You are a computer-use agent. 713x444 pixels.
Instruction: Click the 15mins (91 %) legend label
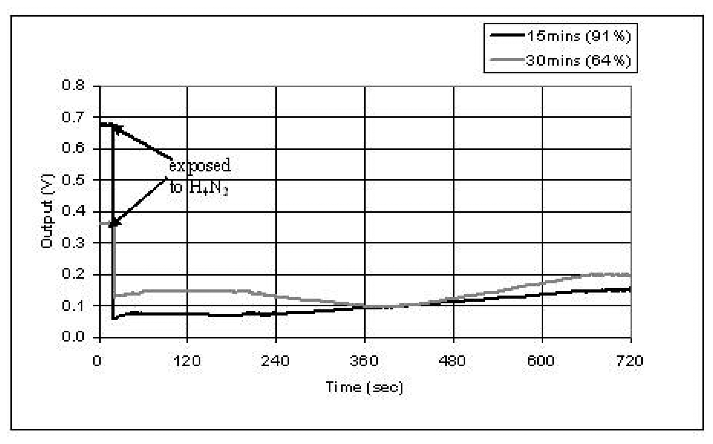click(x=579, y=36)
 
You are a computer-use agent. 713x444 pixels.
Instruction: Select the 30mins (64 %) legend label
click(x=578, y=61)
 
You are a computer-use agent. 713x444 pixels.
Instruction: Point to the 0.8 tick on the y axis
click(x=73, y=85)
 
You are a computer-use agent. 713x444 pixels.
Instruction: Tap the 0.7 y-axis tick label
click(x=73, y=117)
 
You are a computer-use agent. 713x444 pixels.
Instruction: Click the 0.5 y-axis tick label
click(x=73, y=180)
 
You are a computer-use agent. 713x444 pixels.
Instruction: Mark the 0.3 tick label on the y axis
click(x=73, y=243)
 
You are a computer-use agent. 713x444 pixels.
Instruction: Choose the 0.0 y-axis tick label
click(x=73, y=336)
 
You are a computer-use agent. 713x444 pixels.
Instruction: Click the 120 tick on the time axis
click(x=187, y=360)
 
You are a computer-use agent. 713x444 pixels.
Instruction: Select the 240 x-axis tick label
click(x=275, y=360)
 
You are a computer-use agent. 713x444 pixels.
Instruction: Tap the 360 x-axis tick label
click(x=364, y=360)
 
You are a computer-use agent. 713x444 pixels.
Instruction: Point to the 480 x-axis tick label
click(x=452, y=360)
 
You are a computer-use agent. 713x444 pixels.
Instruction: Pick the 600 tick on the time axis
click(x=541, y=360)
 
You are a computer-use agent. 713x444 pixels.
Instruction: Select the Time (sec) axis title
click(x=364, y=387)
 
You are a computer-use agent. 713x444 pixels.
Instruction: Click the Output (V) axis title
click(x=47, y=211)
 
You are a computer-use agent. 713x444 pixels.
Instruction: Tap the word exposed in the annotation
click(x=200, y=165)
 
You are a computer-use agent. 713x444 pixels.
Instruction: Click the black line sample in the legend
click(x=507, y=35)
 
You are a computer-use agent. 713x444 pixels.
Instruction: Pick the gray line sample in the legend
click(x=507, y=60)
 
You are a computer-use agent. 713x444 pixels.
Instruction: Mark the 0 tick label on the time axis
click(x=97, y=360)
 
